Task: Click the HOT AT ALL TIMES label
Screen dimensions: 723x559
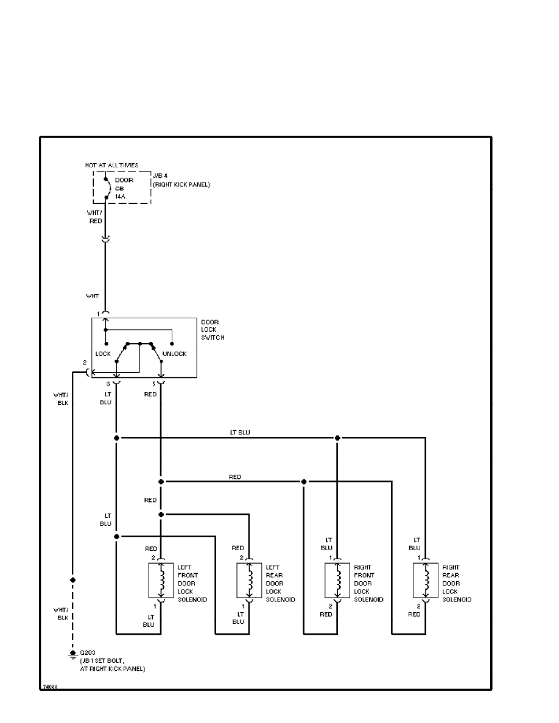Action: pos(111,165)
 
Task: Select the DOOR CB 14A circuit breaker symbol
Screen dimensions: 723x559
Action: pos(107,188)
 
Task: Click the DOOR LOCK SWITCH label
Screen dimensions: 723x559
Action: pos(213,330)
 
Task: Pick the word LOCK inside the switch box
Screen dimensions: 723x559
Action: pos(102,354)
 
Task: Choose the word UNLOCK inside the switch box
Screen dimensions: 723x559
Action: pos(174,354)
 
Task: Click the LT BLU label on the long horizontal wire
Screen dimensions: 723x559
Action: pos(239,433)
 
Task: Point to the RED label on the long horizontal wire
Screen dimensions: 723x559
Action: pos(234,477)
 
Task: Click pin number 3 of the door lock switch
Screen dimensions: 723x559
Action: pos(108,384)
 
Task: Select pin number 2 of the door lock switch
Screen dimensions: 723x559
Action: pos(85,363)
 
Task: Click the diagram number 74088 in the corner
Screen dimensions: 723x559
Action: pos(49,687)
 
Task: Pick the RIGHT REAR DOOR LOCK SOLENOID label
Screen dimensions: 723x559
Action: pos(457,584)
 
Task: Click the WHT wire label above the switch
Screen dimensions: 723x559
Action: pos(92,296)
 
